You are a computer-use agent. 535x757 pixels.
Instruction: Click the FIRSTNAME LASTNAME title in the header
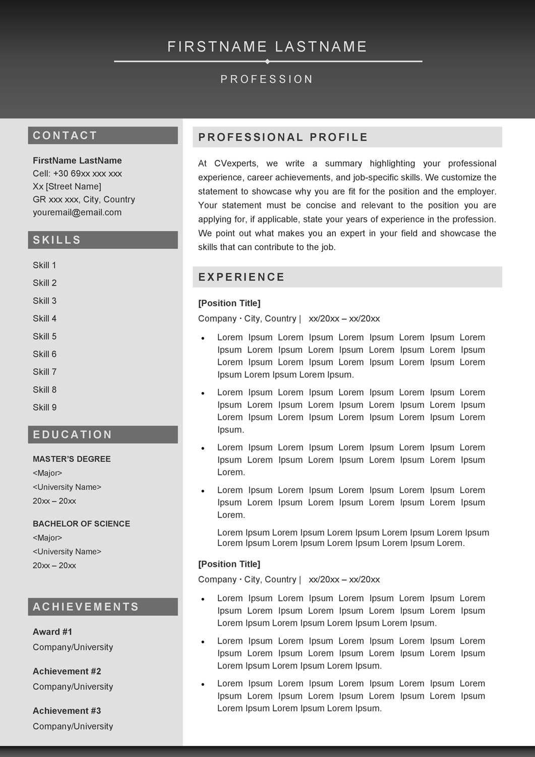pyautogui.click(x=267, y=47)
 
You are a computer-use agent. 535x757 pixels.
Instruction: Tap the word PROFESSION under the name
pyautogui.click(x=267, y=79)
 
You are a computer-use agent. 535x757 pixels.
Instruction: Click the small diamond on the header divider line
pyautogui.click(x=267, y=62)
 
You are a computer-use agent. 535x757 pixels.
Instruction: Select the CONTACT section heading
pyautogui.click(x=65, y=135)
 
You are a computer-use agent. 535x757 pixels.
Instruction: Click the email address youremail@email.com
pyautogui.click(x=77, y=212)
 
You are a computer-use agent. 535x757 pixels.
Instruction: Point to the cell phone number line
pyautogui.click(x=77, y=174)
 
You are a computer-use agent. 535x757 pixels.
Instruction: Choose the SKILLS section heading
pyautogui.click(x=57, y=240)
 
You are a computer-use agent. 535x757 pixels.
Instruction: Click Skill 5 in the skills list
pyautogui.click(x=44, y=336)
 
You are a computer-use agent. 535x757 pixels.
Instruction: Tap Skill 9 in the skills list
pyautogui.click(x=44, y=407)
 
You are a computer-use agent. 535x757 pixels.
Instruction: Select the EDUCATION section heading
pyautogui.click(x=73, y=435)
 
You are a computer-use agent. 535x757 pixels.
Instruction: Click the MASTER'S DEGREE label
pyautogui.click(x=72, y=459)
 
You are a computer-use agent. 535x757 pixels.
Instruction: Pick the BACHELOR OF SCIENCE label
pyautogui.click(x=81, y=524)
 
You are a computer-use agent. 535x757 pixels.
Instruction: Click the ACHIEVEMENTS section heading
pyautogui.click(x=86, y=607)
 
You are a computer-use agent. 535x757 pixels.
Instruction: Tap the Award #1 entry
pyautogui.click(x=52, y=632)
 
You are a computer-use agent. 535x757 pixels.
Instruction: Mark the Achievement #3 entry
pyautogui.click(x=67, y=711)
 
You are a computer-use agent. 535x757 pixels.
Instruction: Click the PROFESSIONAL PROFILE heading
pyautogui.click(x=283, y=137)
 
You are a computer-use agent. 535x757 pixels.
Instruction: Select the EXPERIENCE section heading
pyautogui.click(x=242, y=277)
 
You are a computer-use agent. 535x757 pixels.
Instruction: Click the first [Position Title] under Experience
pyautogui.click(x=229, y=303)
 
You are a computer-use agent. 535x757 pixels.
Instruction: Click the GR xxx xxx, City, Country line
pyautogui.click(x=84, y=199)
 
